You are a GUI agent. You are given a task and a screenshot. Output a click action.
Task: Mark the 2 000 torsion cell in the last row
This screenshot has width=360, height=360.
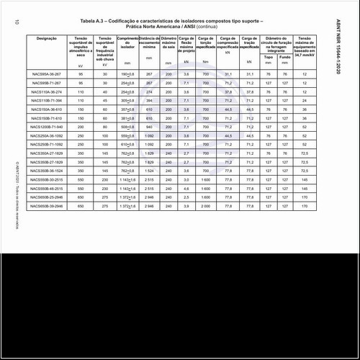205,206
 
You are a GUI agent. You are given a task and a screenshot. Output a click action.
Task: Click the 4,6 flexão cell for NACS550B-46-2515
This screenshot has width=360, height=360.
186,188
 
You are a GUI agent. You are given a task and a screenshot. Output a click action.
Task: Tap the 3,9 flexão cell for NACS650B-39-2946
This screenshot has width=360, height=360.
186,206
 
